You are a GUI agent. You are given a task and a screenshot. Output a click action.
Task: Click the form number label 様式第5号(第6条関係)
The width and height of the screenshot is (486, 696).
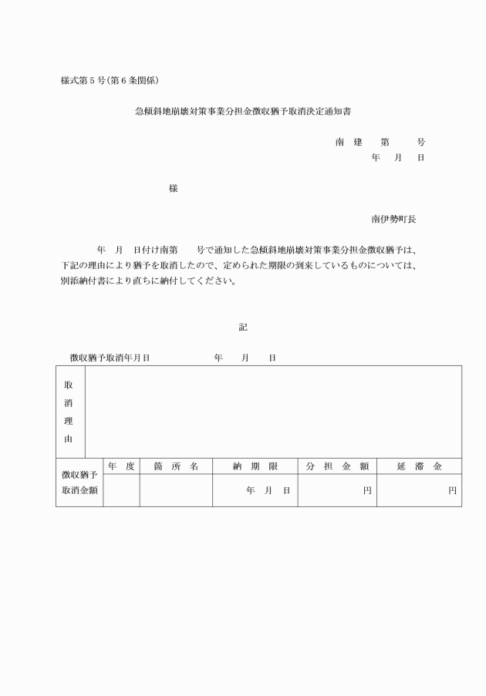point(110,80)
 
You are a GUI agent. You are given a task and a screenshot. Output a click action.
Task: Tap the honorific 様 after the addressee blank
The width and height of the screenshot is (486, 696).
point(174,188)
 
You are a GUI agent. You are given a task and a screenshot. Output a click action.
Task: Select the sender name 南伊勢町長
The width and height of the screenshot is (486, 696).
point(393,219)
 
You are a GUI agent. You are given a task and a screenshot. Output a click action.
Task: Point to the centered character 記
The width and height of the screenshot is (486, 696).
point(243,327)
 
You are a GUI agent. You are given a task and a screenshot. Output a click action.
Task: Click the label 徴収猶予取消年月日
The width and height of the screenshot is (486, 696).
point(110,358)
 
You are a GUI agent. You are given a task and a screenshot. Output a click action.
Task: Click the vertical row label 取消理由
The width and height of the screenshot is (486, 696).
point(69,412)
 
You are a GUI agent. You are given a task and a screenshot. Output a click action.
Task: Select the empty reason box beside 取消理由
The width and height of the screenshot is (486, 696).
point(273,412)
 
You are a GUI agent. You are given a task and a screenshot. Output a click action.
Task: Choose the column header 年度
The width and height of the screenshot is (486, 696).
point(121,466)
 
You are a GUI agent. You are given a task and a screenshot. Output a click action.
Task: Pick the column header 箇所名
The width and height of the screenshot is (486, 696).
point(176,466)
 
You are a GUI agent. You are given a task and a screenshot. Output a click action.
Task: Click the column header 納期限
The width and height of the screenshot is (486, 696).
point(255,466)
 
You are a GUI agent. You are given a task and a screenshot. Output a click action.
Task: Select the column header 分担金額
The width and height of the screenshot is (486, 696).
point(337,466)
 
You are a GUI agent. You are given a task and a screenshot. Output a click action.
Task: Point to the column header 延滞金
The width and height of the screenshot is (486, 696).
point(419,466)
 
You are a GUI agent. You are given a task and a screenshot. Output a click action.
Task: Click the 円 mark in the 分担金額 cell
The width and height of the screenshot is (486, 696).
point(367,491)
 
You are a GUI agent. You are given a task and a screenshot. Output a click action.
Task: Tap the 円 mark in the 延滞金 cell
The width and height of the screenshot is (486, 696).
point(452,491)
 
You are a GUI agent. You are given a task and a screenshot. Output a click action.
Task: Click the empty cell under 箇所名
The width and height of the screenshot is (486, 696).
point(176,491)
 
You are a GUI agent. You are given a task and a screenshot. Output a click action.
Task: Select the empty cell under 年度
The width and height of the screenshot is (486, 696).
point(121,491)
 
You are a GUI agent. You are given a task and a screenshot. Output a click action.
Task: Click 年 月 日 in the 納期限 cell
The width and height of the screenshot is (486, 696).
point(268,491)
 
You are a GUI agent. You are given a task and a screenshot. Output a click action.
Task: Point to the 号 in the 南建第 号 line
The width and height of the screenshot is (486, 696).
point(420,143)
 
